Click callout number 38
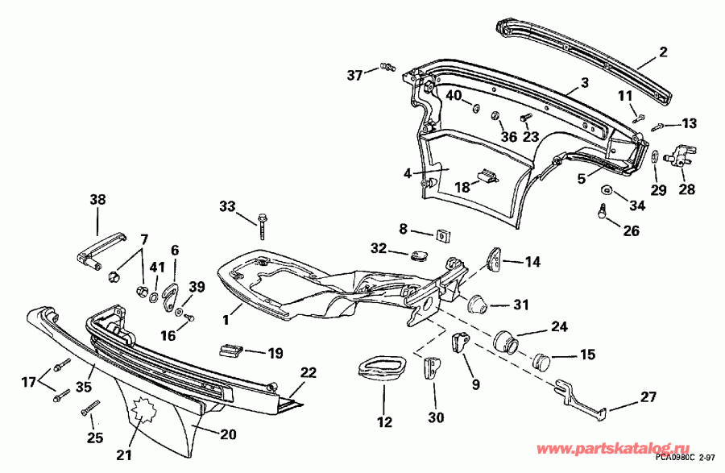(x=97, y=200)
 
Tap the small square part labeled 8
(x=442, y=234)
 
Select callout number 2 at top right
(x=663, y=52)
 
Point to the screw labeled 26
(x=603, y=212)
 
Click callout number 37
(x=355, y=75)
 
